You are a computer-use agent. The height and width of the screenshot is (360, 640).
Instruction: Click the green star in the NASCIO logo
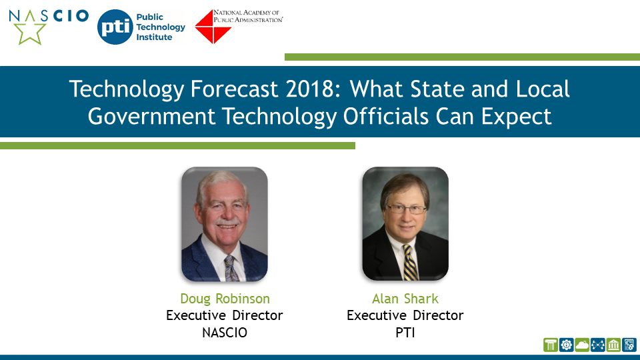tap(29, 32)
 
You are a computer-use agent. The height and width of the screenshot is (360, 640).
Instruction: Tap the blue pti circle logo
tap(115, 27)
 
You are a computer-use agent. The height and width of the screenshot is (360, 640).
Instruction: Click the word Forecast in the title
tap(234, 89)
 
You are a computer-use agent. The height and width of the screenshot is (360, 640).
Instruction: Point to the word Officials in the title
tap(385, 116)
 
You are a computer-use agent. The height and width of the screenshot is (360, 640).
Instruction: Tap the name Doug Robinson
tap(225, 299)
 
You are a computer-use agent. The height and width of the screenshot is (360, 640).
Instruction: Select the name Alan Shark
tap(405, 299)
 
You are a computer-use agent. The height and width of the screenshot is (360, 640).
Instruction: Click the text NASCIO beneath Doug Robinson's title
tap(225, 333)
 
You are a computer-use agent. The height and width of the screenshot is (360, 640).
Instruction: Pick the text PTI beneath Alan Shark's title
tap(405, 333)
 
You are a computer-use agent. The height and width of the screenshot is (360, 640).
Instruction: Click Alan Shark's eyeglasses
tap(406, 209)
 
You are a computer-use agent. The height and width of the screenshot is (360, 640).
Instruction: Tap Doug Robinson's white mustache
tap(226, 223)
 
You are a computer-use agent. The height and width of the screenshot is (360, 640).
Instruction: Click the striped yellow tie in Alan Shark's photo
tap(410, 263)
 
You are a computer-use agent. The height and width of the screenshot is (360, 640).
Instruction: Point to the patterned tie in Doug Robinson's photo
tap(231, 268)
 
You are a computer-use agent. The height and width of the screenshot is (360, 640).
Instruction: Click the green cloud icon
tap(581, 345)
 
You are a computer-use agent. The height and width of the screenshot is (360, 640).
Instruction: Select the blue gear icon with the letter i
tap(566, 345)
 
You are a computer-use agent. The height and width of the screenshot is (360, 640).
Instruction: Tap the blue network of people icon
tap(597, 345)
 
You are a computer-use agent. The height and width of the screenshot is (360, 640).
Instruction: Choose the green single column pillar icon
tap(550, 345)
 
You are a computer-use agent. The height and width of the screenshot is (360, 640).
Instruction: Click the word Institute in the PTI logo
tap(154, 37)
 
